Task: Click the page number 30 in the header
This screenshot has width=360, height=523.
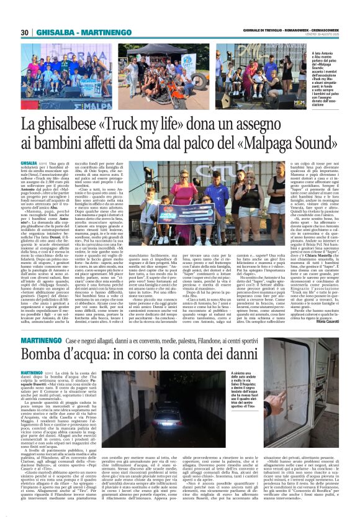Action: pyautogui.click(x=24, y=32)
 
